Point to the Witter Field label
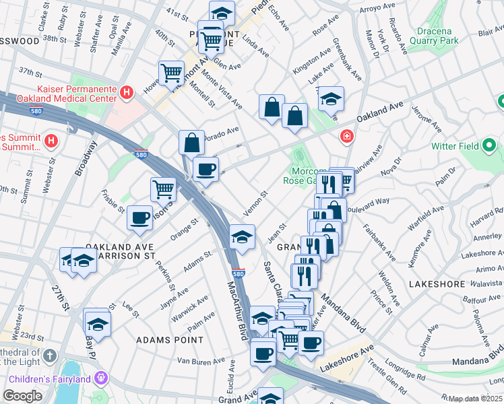click(x=464, y=145)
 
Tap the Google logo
click(x=22, y=396)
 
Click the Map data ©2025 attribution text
click(x=475, y=399)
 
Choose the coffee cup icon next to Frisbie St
click(x=139, y=217)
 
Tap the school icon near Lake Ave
click(x=330, y=98)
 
